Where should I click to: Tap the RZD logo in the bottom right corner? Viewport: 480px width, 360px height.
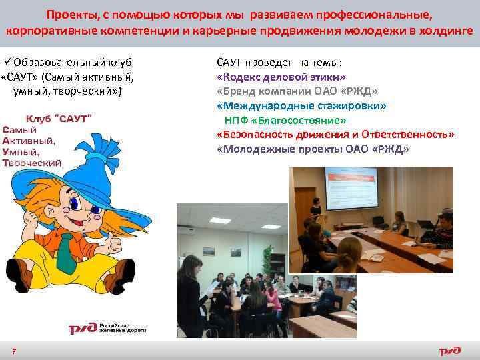pyautogui.click(x=449, y=351)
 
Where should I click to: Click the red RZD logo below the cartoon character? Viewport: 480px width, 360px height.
pyautogui.click(x=83, y=329)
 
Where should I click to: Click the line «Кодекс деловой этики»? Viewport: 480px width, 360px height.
pyautogui.click(x=281, y=77)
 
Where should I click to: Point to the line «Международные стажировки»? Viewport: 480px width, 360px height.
pyautogui.click(x=301, y=106)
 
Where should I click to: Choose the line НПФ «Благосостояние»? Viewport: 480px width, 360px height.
pyautogui.click(x=285, y=120)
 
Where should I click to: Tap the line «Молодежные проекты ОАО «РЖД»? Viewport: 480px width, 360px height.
pyautogui.click(x=313, y=149)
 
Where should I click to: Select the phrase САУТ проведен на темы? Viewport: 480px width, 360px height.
pyautogui.click(x=280, y=63)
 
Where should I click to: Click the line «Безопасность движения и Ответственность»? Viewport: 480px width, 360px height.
pyautogui.click(x=335, y=135)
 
